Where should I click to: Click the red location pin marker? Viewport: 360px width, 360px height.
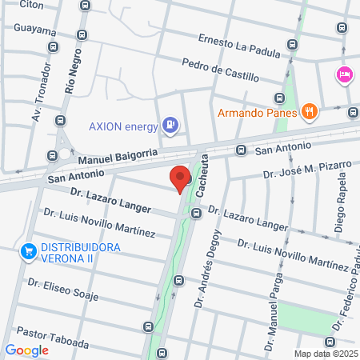tap(180, 178)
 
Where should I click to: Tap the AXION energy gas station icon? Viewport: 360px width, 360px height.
tap(170, 125)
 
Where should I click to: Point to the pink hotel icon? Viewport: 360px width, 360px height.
tap(344, 74)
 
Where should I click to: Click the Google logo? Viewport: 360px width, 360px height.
tap(26, 350)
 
